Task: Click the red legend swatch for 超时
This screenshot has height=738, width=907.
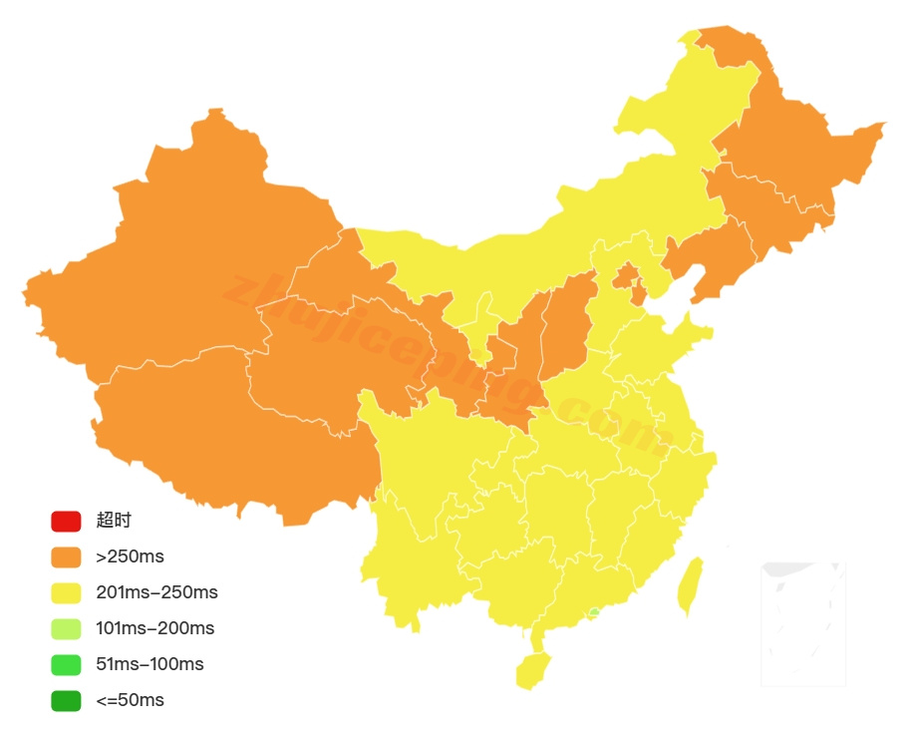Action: [66, 521]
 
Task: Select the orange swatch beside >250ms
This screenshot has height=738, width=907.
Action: [66, 556]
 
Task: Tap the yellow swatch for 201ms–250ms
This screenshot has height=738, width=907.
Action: [66, 592]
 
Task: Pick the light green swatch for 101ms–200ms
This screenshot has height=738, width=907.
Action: [66, 628]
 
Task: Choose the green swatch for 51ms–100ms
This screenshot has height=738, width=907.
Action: [66, 664]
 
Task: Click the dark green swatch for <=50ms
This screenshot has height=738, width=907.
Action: [66, 700]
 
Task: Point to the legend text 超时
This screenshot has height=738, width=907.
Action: [114, 521]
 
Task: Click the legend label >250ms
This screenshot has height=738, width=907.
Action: [130, 556]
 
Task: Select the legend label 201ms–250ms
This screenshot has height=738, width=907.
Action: [156, 592]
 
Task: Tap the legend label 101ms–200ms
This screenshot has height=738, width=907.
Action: [154, 628]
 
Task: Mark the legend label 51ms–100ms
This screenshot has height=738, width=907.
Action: [150, 664]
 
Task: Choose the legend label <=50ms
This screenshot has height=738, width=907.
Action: [130, 700]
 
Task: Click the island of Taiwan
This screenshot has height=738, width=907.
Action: [690, 586]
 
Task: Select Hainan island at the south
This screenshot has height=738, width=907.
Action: [533, 670]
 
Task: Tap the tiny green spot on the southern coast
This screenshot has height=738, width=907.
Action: [594, 611]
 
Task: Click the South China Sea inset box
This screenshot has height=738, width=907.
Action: [803, 623]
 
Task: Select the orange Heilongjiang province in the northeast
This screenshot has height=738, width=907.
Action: [797, 150]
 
